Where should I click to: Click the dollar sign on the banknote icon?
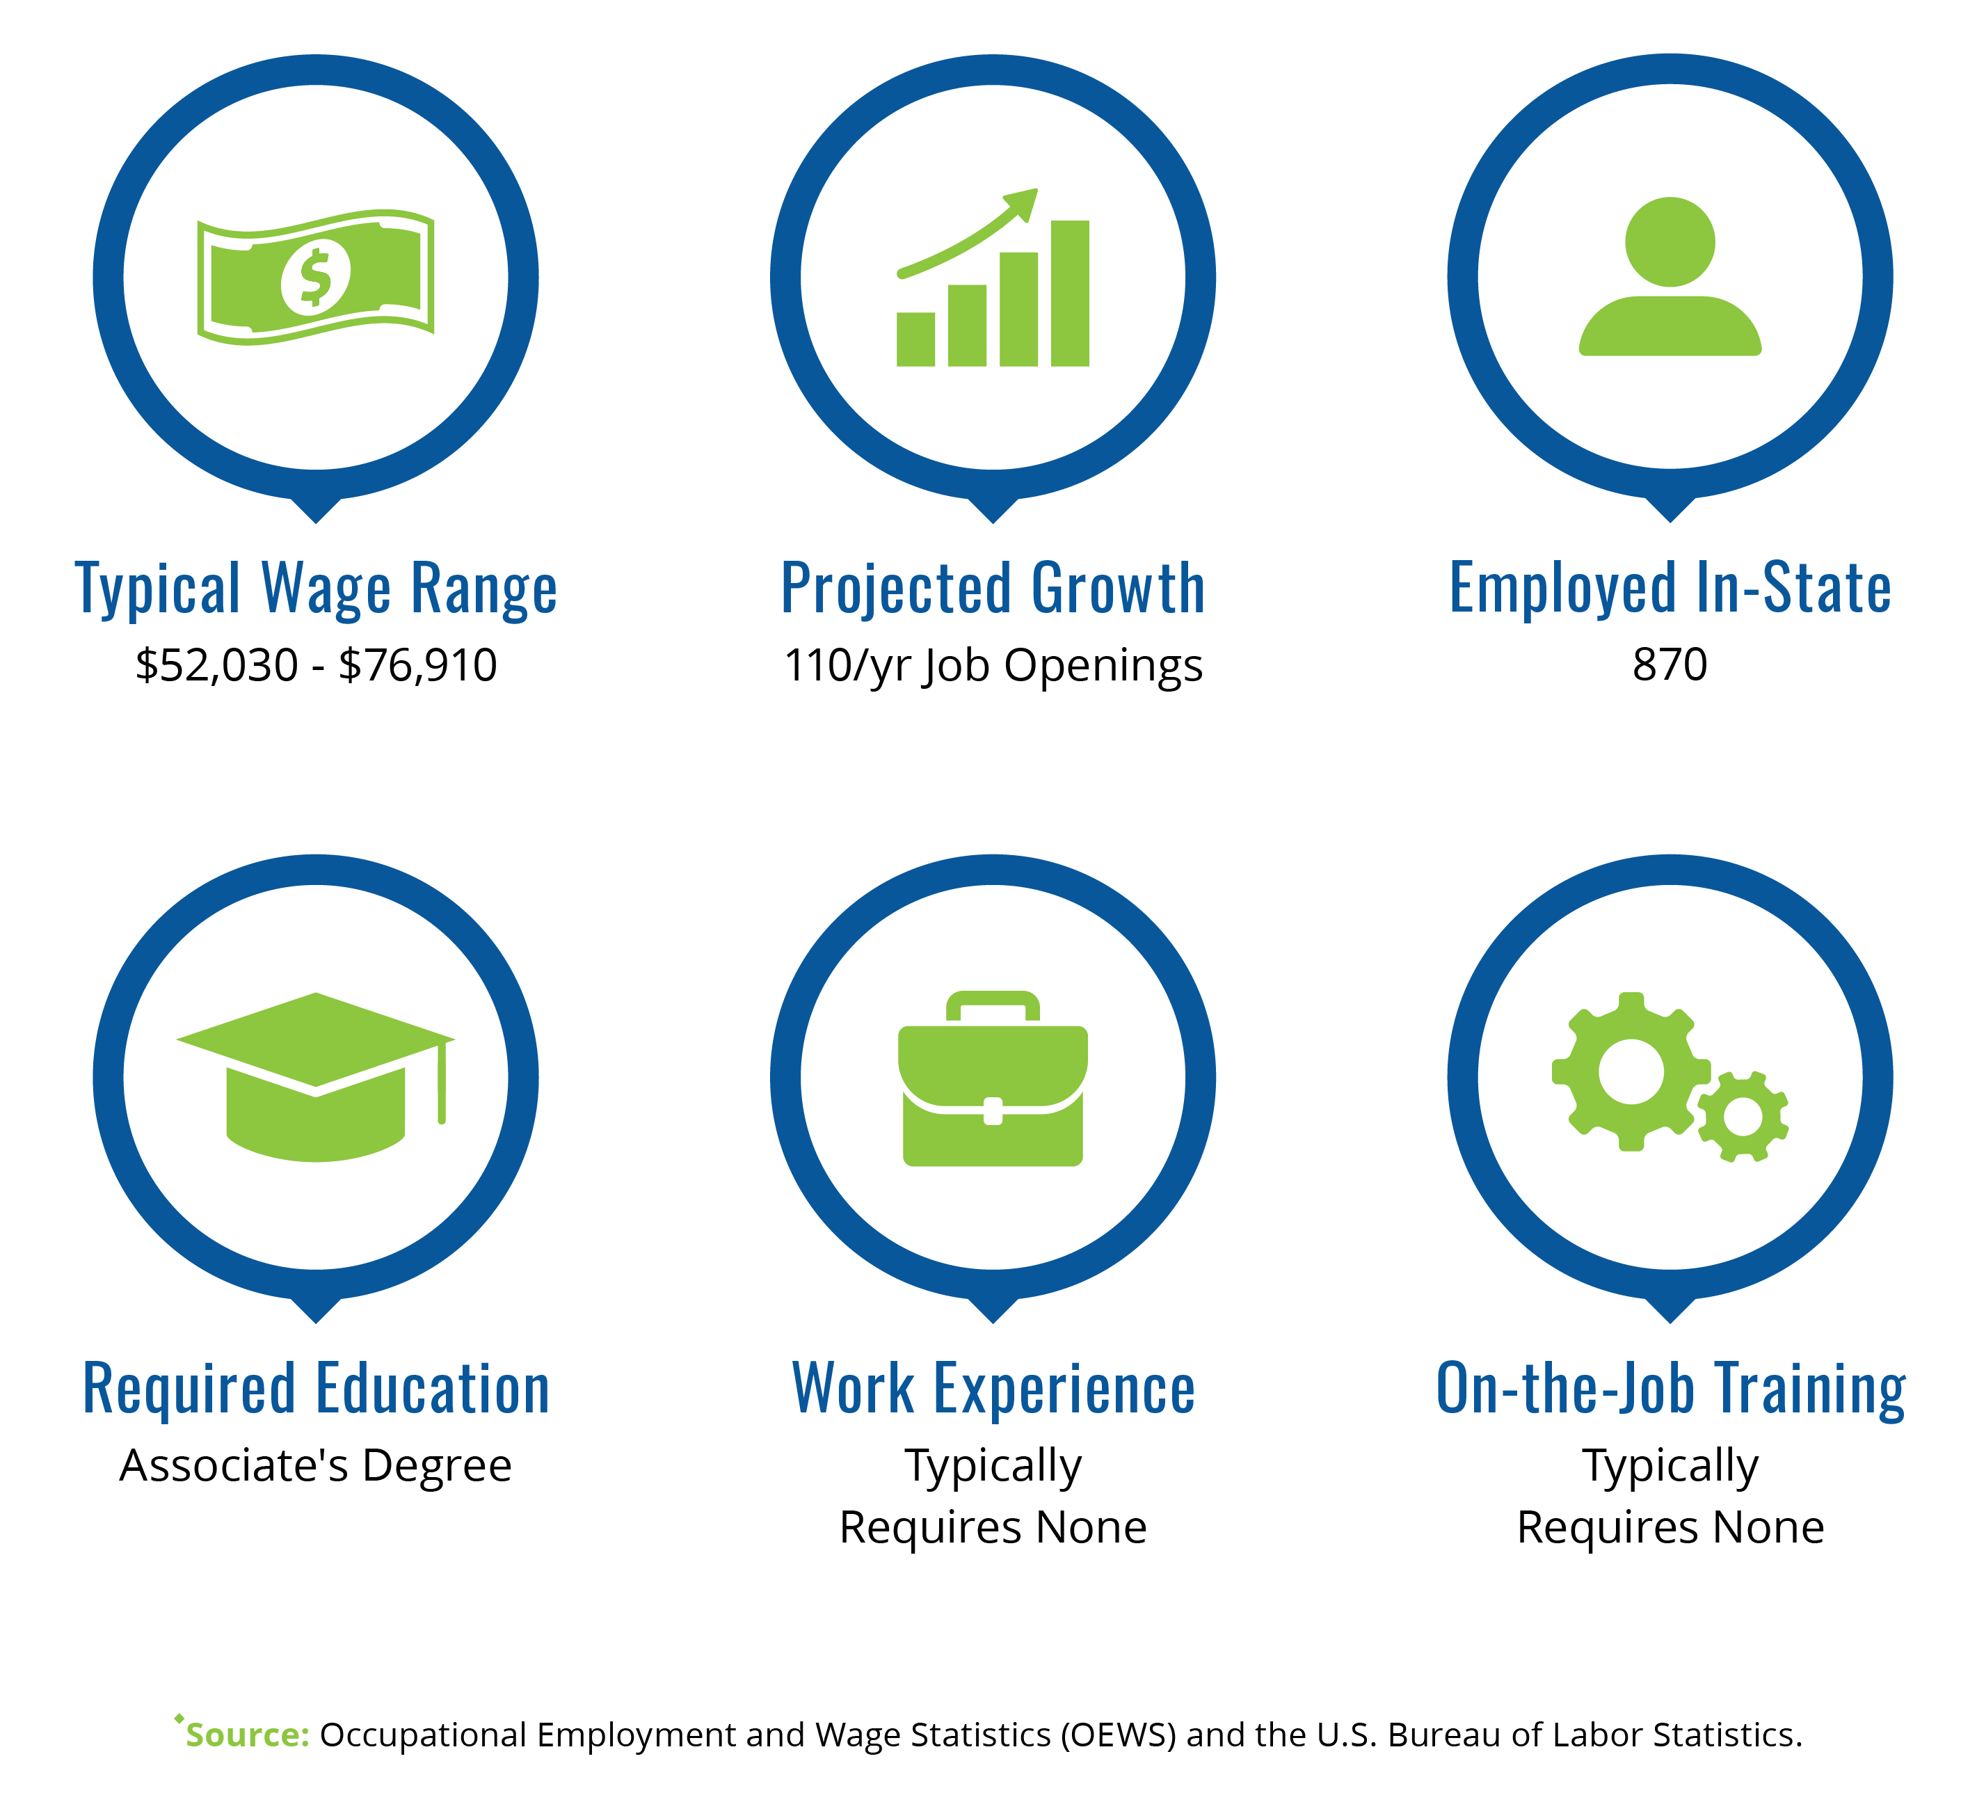click(315, 277)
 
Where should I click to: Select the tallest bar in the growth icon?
click(1070, 294)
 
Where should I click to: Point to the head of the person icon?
click(1670, 242)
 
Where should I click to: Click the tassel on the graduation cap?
click(442, 1082)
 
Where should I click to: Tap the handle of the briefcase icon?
click(993, 1007)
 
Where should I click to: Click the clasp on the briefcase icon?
click(993, 1110)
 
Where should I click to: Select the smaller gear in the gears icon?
click(1743, 1117)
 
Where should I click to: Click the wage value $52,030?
click(217, 665)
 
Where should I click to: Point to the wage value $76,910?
click(418, 665)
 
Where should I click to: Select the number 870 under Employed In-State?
click(1670, 664)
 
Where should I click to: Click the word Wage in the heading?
click(326, 589)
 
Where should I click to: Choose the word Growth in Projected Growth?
click(1118, 589)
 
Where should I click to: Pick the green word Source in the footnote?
click(247, 1735)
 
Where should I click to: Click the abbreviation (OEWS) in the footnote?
click(1117, 1735)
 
